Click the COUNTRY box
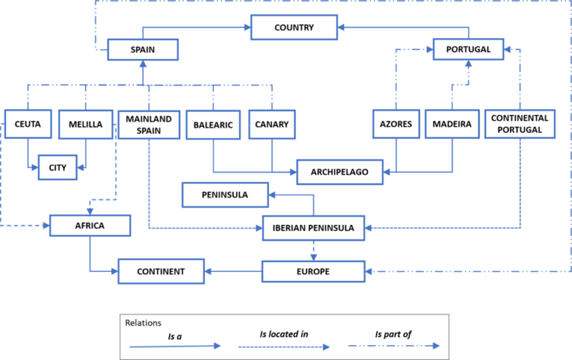[294, 28]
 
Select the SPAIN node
[142, 50]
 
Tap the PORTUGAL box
[468, 49]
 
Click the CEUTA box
[28, 124]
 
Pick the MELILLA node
[85, 124]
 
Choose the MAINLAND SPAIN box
[149, 124]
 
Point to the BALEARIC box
[212, 124]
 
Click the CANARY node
[271, 124]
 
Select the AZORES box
[395, 124]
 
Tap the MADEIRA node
[452, 124]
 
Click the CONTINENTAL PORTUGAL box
[520, 124]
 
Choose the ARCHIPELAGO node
[340, 172]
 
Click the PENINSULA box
[225, 195]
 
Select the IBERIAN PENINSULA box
[314, 227]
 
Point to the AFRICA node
[89, 225]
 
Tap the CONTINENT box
[161, 271]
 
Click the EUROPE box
[313, 271]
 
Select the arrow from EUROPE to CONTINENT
[232, 271]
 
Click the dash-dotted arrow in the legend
[394, 346]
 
